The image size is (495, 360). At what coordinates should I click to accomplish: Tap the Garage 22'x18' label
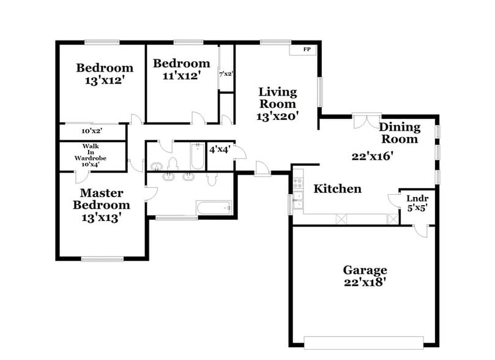[x=365, y=276]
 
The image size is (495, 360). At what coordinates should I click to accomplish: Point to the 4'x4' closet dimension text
[x=219, y=149]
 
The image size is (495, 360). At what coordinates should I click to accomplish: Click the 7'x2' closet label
[x=226, y=74]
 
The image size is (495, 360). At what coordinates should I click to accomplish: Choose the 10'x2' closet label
[x=92, y=130]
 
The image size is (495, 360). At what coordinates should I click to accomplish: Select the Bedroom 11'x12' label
[x=181, y=69]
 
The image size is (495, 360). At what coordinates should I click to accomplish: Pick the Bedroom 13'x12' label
[x=104, y=73]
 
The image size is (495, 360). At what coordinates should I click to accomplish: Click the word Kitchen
[x=337, y=189]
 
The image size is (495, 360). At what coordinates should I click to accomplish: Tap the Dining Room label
[x=400, y=133]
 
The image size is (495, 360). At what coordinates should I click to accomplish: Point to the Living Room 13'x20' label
[x=278, y=104]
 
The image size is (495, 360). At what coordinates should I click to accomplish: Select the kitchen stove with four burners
[x=298, y=182]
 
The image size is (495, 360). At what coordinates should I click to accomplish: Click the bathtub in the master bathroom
[x=214, y=208]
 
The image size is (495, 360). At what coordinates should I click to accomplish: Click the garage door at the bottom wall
[x=365, y=341]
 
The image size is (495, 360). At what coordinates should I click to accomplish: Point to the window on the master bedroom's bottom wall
[x=102, y=258]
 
